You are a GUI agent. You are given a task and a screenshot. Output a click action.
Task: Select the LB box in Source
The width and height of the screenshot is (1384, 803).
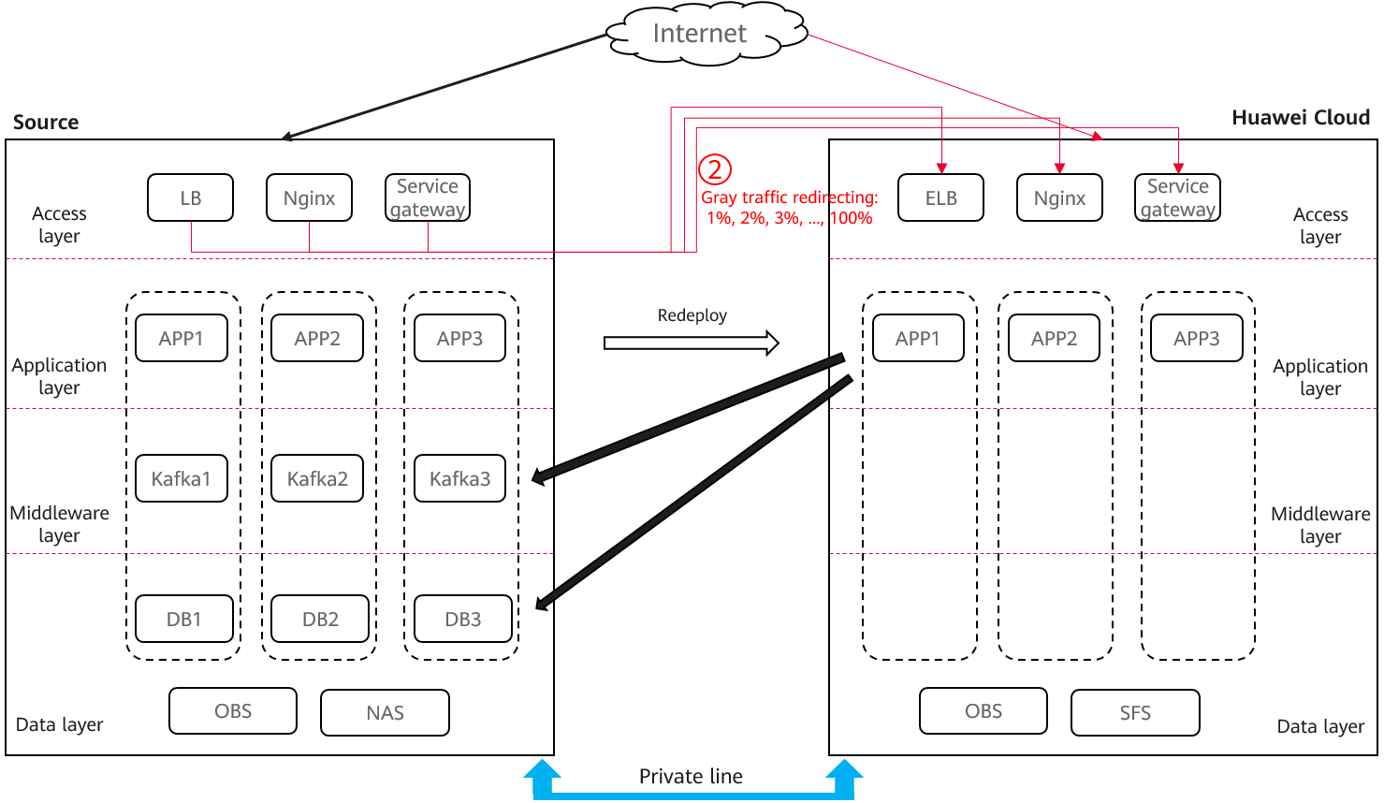pyautogui.click(x=190, y=197)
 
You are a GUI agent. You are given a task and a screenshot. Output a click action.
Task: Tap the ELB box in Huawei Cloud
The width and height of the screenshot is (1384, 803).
pyautogui.click(x=940, y=197)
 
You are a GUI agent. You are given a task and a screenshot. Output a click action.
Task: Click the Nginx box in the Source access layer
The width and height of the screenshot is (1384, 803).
pyautogui.click(x=309, y=197)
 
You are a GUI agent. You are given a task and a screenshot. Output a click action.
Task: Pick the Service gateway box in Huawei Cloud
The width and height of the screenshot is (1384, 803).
pyautogui.click(x=1177, y=197)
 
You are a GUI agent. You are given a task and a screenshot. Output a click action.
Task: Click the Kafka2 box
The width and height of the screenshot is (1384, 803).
pyautogui.click(x=317, y=478)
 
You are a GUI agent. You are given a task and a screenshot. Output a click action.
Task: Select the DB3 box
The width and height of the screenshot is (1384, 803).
pyautogui.click(x=463, y=619)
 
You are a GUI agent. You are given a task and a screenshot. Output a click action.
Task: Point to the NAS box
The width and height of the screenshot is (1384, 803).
pyautogui.click(x=385, y=713)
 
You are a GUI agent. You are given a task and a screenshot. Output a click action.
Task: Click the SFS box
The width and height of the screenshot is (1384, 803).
pyautogui.click(x=1136, y=713)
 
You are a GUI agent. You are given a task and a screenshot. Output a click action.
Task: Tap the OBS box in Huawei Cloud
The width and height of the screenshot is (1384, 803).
pyautogui.click(x=983, y=711)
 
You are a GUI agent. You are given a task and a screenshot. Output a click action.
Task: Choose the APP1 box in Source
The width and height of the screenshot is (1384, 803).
pyautogui.click(x=181, y=338)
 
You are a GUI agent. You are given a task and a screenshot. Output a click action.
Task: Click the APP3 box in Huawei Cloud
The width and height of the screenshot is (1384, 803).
pyautogui.click(x=1197, y=338)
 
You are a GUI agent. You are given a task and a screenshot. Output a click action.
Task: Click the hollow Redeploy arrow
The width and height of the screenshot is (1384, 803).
pyautogui.click(x=692, y=343)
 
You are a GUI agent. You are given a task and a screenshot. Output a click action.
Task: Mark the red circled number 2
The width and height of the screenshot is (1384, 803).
pyautogui.click(x=715, y=169)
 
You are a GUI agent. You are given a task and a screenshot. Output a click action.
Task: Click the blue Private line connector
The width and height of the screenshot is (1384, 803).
pyautogui.click(x=692, y=796)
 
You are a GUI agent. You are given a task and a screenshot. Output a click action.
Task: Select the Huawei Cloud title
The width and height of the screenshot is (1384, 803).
pyautogui.click(x=1301, y=117)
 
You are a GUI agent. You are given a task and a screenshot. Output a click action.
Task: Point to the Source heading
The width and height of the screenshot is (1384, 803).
pyautogui.click(x=46, y=122)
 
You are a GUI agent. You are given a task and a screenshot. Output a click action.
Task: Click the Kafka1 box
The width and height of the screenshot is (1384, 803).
pyautogui.click(x=181, y=478)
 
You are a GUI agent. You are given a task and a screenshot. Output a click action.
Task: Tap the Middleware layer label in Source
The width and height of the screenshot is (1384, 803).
pyautogui.click(x=59, y=523)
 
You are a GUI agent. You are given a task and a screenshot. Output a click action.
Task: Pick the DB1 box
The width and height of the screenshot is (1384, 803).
pyautogui.click(x=184, y=619)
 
